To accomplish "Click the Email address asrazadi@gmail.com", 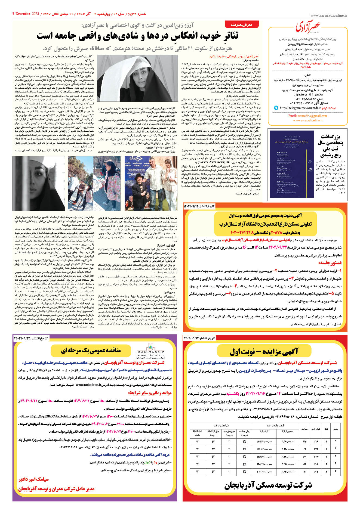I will [307, 116].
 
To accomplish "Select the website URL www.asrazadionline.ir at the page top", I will [328, 16].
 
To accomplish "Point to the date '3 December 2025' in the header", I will [26, 14].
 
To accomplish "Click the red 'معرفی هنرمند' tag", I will [241, 25].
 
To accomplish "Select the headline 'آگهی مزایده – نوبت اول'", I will [264, 352].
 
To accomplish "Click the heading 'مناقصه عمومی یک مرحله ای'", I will [91, 351].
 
